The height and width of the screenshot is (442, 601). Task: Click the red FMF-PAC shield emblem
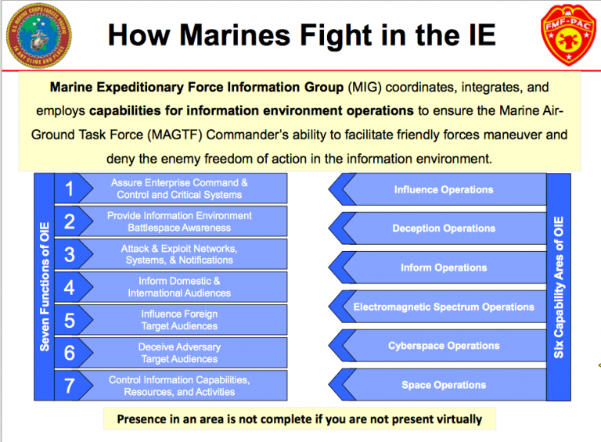[x=564, y=36]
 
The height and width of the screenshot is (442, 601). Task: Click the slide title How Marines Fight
[x=301, y=35]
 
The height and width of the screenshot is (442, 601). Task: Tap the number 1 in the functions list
[x=69, y=189]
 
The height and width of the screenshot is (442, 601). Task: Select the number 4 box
[x=69, y=287]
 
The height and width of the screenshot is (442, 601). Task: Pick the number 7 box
[x=69, y=386]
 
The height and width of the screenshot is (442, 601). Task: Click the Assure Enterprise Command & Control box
[x=179, y=189]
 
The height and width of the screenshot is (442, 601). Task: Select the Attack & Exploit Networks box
[x=179, y=254]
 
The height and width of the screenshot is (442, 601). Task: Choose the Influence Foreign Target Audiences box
[x=179, y=320]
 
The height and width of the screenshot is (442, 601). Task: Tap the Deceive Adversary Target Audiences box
[x=179, y=353]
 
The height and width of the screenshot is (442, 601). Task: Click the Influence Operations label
[x=443, y=189]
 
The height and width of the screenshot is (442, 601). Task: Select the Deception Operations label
[x=443, y=228]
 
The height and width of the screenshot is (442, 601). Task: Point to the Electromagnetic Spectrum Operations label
[x=443, y=307]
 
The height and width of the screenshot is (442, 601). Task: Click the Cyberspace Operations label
[x=443, y=346]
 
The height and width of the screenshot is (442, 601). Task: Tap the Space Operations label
[x=443, y=385]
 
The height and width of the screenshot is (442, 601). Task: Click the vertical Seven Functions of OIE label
[x=45, y=286]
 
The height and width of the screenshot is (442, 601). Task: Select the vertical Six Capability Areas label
[x=559, y=286]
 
